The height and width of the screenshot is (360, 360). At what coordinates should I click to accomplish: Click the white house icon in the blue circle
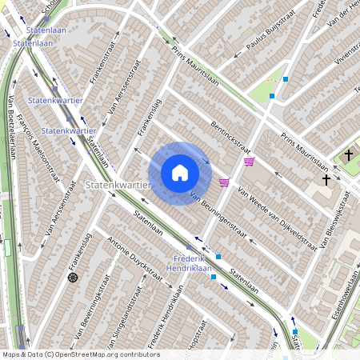[179, 172]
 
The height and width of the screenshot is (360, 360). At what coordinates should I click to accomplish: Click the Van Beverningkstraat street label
[93, 309]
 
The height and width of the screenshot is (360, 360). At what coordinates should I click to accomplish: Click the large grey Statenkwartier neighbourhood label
[118, 185]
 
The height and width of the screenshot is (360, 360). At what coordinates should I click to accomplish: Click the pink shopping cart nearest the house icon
[224, 182]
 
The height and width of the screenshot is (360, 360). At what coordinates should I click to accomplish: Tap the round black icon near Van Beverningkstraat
[74, 278]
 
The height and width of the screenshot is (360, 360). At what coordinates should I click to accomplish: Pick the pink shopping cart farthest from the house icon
[250, 162]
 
